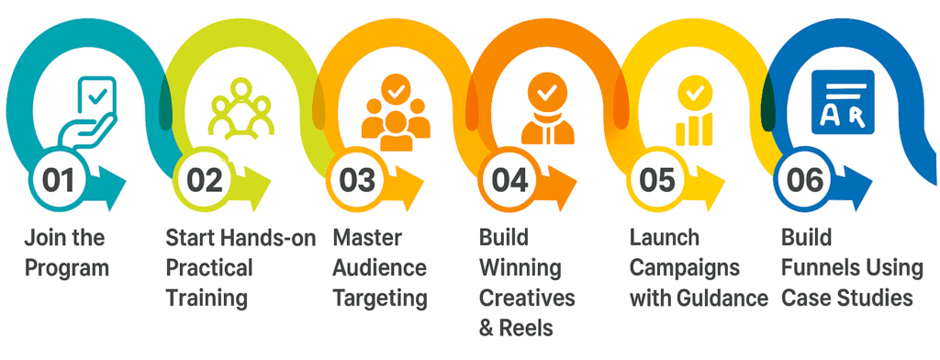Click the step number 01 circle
coord(59,179)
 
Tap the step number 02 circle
coord(205,179)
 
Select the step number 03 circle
coord(356,179)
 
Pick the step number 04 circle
coord(508,179)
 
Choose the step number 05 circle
coord(657,179)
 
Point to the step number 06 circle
coord(805,179)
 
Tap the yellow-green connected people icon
coord(240,111)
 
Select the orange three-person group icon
coord(396,116)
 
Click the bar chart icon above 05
coord(694,115)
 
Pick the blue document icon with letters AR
coord(843,102)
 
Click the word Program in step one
coord(66,268)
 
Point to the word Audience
coord(379,268)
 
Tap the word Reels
coord(525,328)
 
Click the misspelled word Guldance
coord(724,298)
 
